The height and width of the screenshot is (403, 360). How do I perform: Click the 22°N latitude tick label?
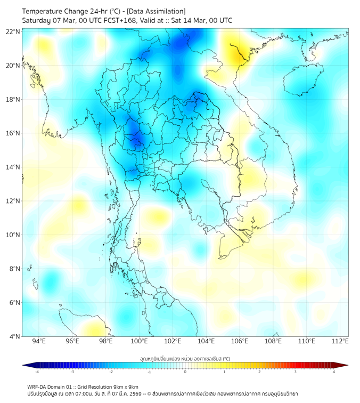[13, 31]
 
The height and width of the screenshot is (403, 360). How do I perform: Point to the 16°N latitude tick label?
[13, 133]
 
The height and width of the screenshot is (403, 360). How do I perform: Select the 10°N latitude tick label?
[13, 235]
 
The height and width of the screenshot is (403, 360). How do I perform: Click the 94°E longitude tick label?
[39, 341]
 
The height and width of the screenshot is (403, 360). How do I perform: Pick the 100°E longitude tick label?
[140, 341]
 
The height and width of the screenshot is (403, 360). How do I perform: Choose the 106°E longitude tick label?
[240, 341]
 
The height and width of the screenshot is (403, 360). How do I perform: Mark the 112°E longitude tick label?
[340, 341]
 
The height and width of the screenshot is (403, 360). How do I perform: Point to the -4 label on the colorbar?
[36, 372]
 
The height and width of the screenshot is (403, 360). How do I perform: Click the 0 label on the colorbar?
[185, 372]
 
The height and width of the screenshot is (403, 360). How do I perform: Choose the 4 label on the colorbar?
[333, 372]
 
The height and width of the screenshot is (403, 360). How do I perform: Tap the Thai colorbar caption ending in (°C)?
[185, 359]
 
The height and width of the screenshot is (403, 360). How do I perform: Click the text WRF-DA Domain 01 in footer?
[50, 387]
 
